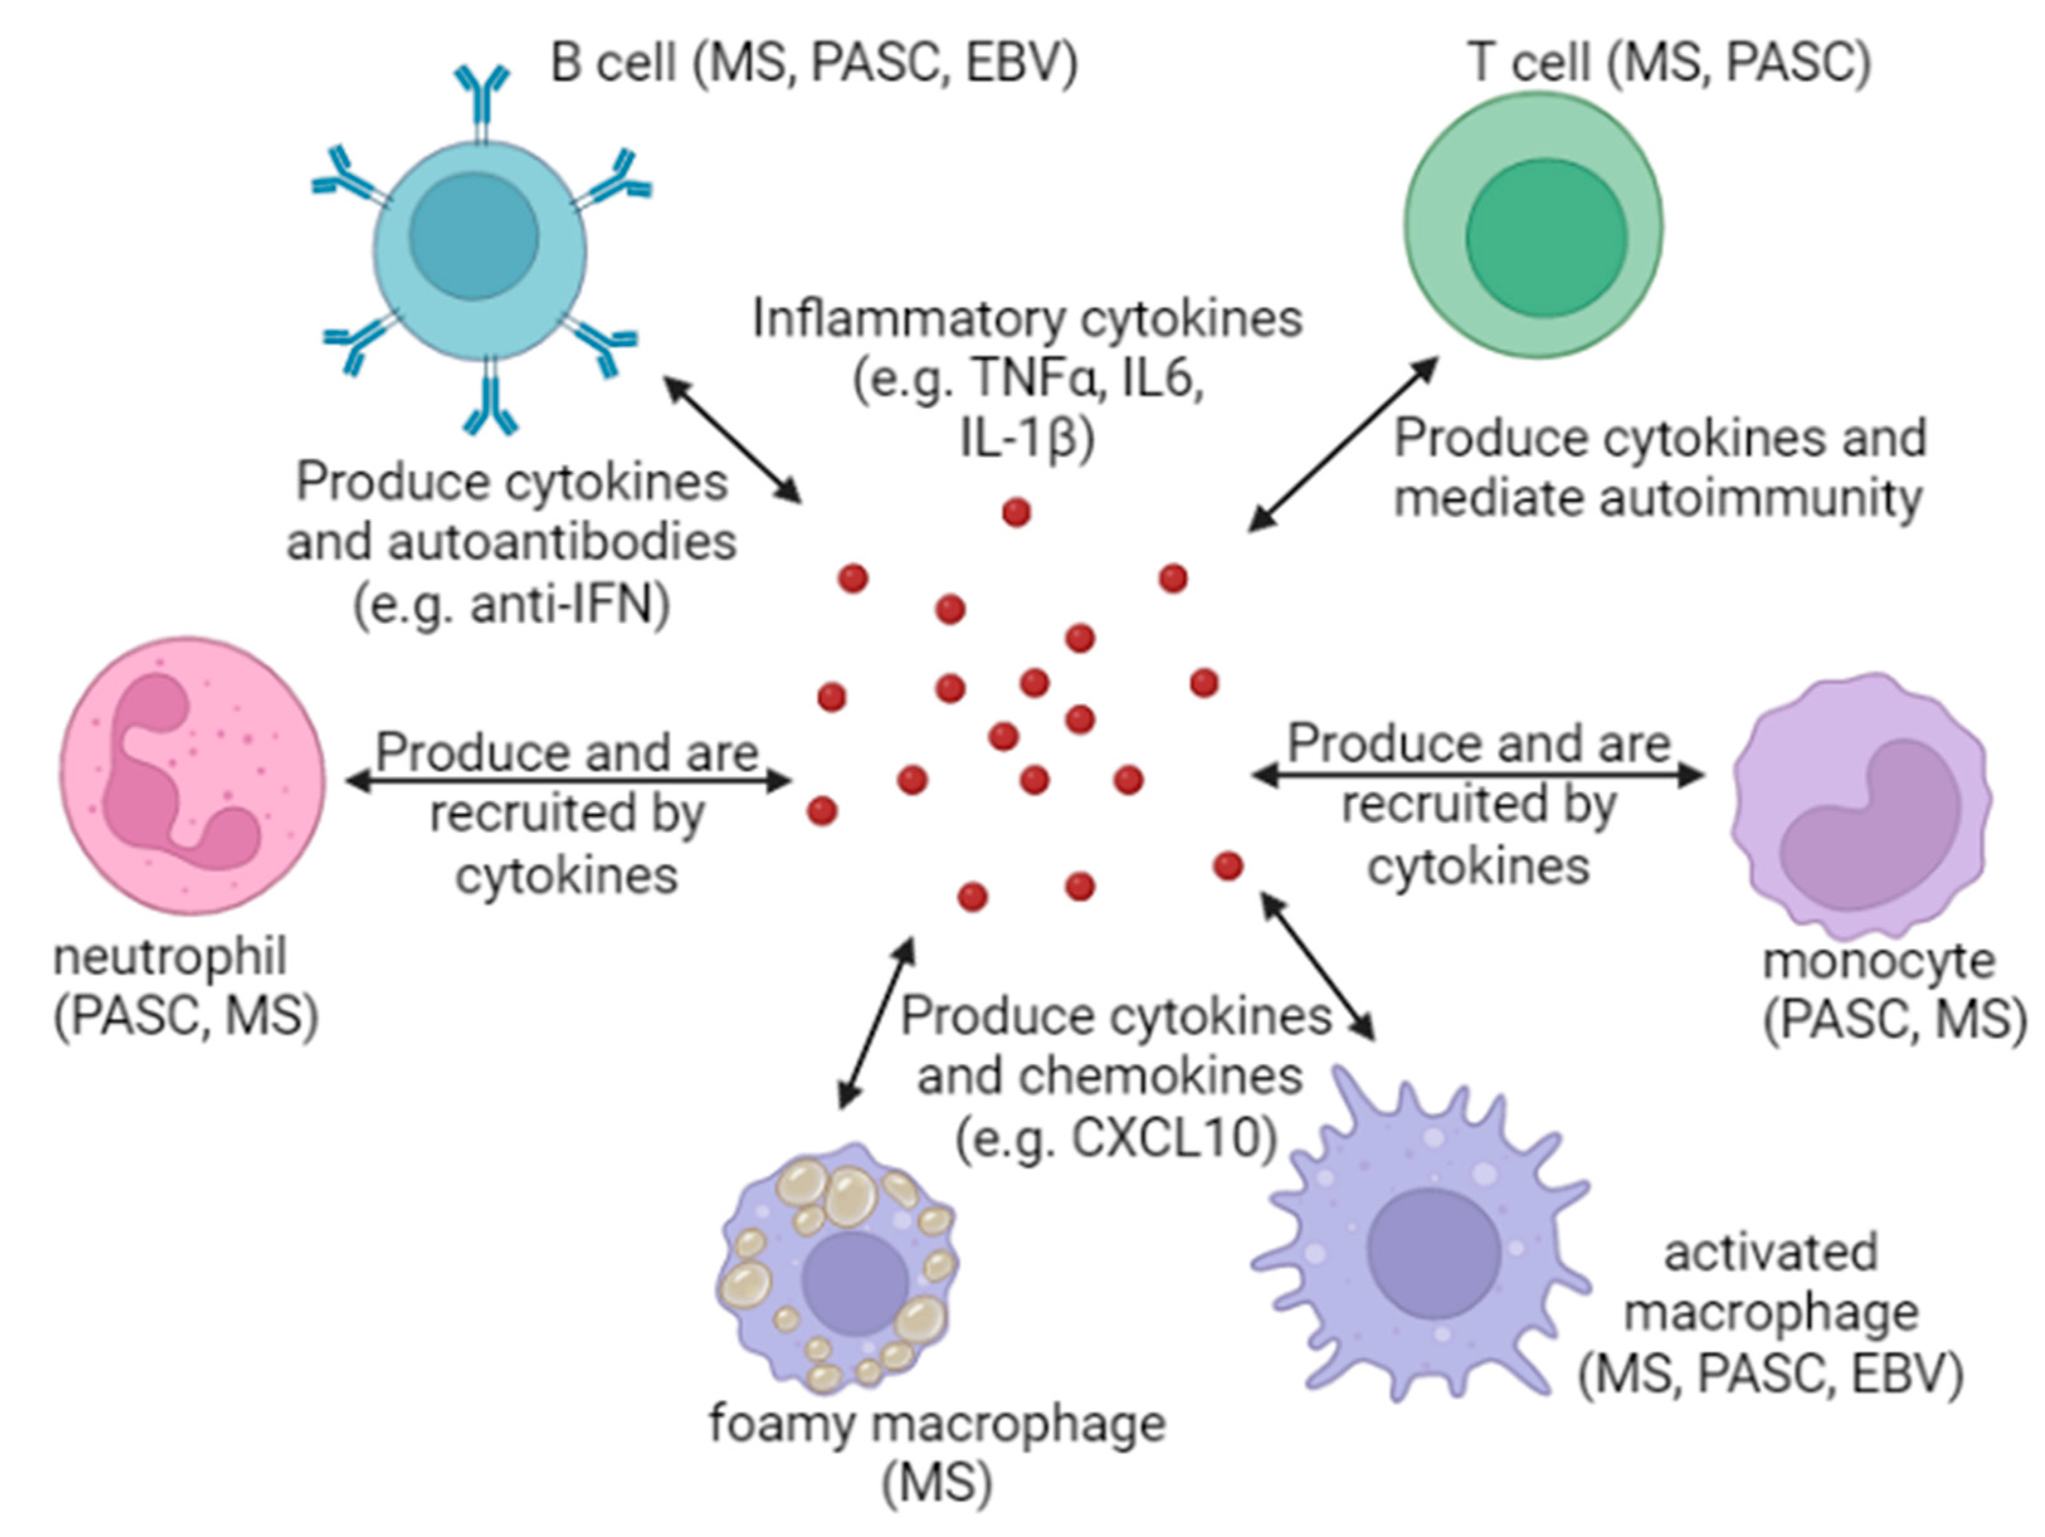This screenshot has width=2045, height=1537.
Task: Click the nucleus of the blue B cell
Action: (x=474, y=236)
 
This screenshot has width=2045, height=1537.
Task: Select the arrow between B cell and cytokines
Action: (x=733, y=439)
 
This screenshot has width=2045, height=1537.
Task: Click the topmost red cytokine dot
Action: (x=1016, y=512)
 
